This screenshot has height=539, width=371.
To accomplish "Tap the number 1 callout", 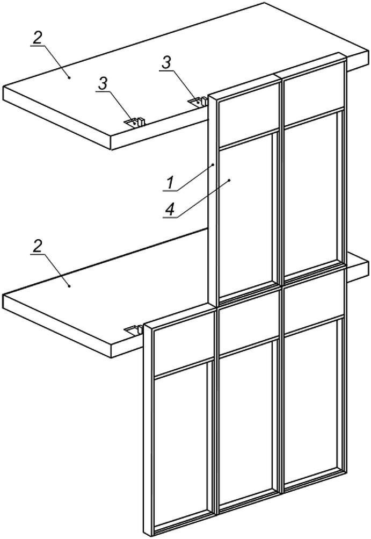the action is pyautogui.click(x=169, y=183).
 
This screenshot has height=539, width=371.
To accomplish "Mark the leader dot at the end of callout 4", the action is pyautogui.click(x=229, y=180).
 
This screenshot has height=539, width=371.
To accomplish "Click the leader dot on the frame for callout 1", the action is pyautogui.click(x=213, y=165).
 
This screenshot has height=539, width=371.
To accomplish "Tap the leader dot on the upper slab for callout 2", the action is pyautogui.click(x=69, y=78).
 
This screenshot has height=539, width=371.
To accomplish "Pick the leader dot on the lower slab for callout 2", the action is pyautogui.click(x=69, y=286).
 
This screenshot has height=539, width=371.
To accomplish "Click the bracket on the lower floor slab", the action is pyautogui.click(x=134, y=330).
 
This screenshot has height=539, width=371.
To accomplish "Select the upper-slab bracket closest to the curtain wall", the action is pyautogui.click(x=198, y=102).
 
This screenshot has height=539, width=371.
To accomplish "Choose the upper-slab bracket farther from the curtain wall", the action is pyautogui.click(x=135, y=122).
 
